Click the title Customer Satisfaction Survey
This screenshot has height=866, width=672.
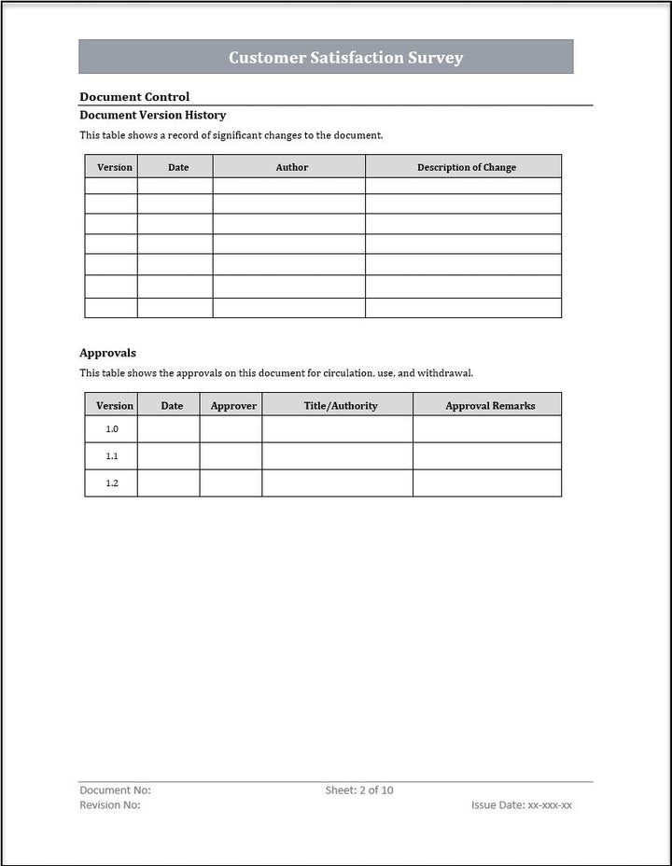click(x=345, y=58)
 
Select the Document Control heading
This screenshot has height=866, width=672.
click(x=134, y=97)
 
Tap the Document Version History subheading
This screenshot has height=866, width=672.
click(x=152, y=116)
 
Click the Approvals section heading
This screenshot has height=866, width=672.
click(x=107, y=353)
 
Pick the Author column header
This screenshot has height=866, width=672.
click(x=291, y=167)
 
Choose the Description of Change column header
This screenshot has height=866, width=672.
click(x=466, y=167)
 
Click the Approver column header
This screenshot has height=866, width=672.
click(x=233, y=406)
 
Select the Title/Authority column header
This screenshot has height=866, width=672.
click(x=341, y=406)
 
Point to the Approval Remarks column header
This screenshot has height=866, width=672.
click(x=490, y=406)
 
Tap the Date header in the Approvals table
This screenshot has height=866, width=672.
click(x=172, y=406)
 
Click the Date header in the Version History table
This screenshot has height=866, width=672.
click(x=177, y=167)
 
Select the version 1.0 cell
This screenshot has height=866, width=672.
click(x=111, y=429)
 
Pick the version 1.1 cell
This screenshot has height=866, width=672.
click(x=111, y=456)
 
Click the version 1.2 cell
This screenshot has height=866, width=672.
click(x=111, y=483)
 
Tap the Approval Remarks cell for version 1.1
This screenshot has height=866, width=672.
click(x=487, y=456)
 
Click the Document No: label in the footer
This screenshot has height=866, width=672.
click(x=115, y=790)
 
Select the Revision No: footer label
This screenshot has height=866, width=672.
click(x=110, y=804)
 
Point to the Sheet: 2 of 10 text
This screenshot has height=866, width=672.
click(x=359, y=790)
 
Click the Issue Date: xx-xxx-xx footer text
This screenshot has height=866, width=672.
click(x=522, y=804)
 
